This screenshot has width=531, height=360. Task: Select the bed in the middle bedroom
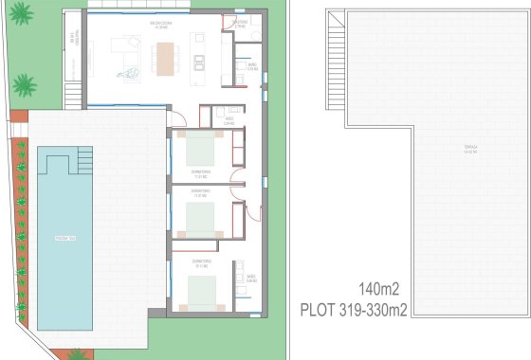tap(200, 221)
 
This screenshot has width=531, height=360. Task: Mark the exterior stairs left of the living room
tap(70, 95)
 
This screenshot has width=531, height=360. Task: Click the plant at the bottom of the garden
tap(76, 354)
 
